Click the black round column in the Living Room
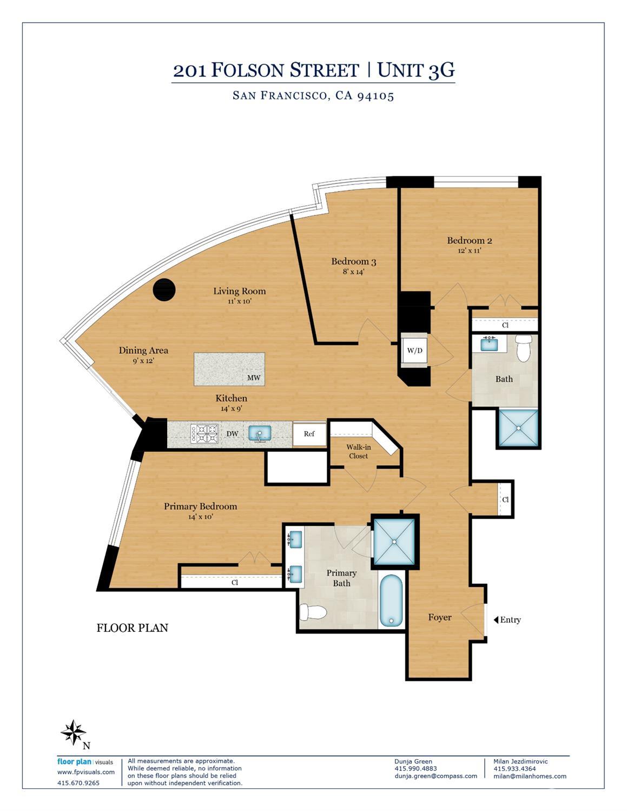click(x=164, y=289)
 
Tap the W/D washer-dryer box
click(x=414, y=351)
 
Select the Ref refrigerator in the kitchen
click(x=309, y=434)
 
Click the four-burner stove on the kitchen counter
click(x=204, y=434)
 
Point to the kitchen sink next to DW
click(x=260, y=434)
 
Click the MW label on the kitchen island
click(x=254, y=378)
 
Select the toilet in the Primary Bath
click(x=313, y=612)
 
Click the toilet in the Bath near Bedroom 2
click(x=524, y=348)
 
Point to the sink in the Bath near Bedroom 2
click(x=489, y=343)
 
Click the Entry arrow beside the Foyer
click(x=496, y=619)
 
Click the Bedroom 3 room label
click(x=354, y=261)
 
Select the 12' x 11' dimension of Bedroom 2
click(x=470, y=250)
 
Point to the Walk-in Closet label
click(x=358, y=451)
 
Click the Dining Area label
click(x=143, y=350)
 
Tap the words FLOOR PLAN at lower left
click(x=133, y=628)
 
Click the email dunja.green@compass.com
click(x=435, y=775)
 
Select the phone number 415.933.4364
click(x=514, y=768)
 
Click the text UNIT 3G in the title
click(x=416, y=70)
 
